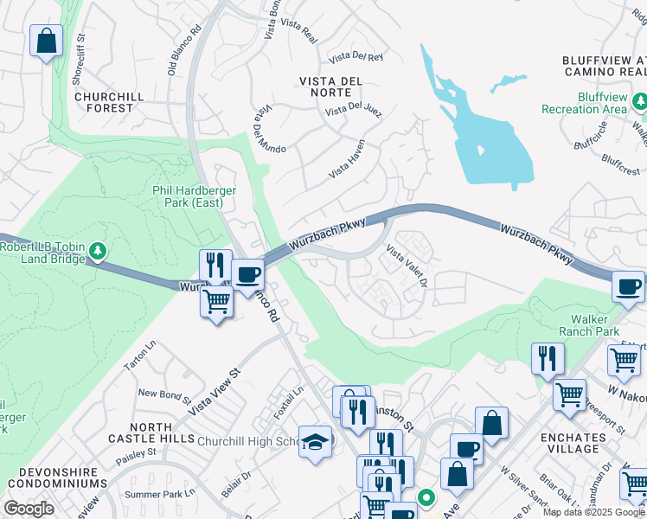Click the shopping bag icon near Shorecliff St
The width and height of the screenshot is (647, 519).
(46, 41)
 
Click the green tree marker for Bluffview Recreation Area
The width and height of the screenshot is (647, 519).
(638, 103)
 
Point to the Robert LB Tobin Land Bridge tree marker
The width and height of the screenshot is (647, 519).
(99, 252)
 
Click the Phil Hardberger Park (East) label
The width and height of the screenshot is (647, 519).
(188, 196)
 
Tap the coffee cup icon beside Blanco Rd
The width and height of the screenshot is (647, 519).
(248, 275)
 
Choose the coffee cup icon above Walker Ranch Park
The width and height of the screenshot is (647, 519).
(628, 286)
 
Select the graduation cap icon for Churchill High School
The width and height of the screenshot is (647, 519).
(315, 442)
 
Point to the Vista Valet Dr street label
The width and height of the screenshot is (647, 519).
(407, 269)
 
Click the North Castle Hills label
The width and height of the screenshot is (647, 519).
(162, 434)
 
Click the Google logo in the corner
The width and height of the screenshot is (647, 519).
(29, 509)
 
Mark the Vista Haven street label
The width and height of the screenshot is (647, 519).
(347, 159)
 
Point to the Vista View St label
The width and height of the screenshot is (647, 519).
(211, 392)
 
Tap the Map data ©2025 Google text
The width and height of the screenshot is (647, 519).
(593, 512)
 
